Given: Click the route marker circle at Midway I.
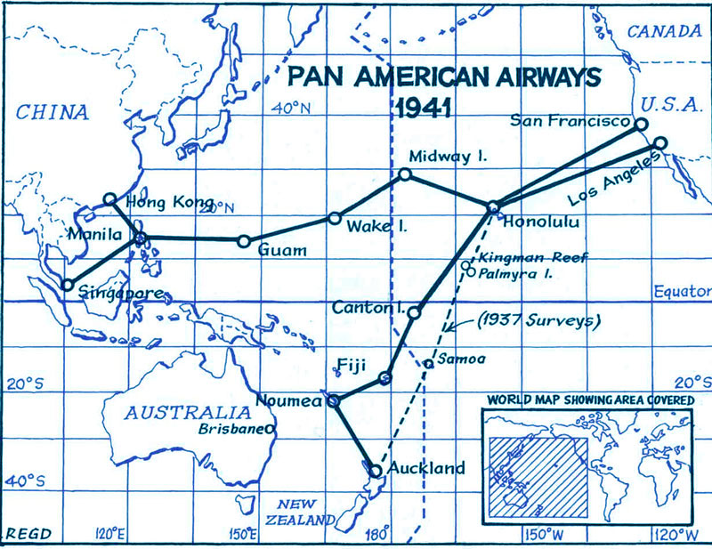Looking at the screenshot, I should (405, 174).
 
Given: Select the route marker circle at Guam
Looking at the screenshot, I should (243, 240).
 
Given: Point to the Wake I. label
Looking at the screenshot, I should (377, 227).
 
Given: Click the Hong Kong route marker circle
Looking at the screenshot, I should (110, 199).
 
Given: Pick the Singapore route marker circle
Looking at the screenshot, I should (67, 285).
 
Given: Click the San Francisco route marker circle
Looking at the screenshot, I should (640, 125).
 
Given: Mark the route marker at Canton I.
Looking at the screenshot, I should (414, 311).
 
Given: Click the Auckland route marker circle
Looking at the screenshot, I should (375, 470).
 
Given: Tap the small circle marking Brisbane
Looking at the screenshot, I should (270, 429).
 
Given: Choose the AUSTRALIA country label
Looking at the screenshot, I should (174, 413).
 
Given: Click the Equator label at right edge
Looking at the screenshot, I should (683, 291).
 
